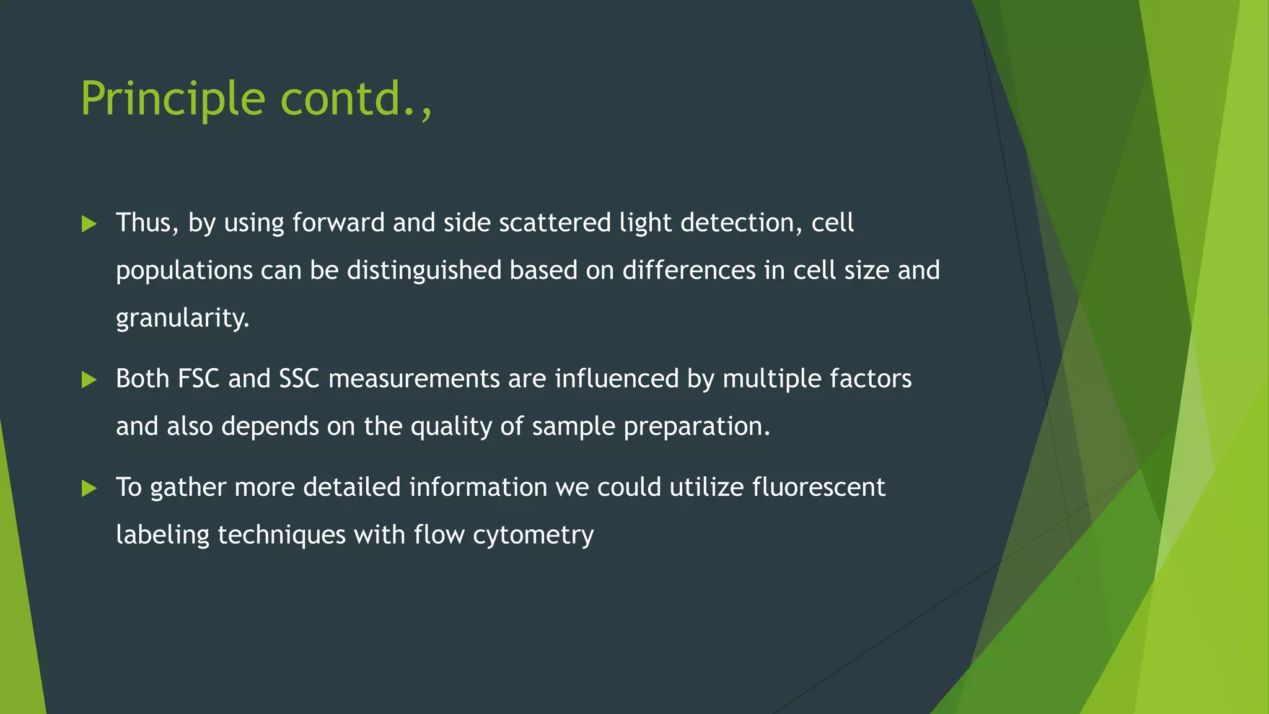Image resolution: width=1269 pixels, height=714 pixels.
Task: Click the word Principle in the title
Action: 173,99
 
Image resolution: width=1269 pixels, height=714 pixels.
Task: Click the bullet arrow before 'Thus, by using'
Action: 89,224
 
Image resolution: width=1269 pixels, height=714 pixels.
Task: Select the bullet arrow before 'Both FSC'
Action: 89,380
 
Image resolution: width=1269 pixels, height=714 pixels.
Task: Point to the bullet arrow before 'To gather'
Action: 89,488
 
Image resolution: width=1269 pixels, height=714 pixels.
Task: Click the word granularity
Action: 182,319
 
